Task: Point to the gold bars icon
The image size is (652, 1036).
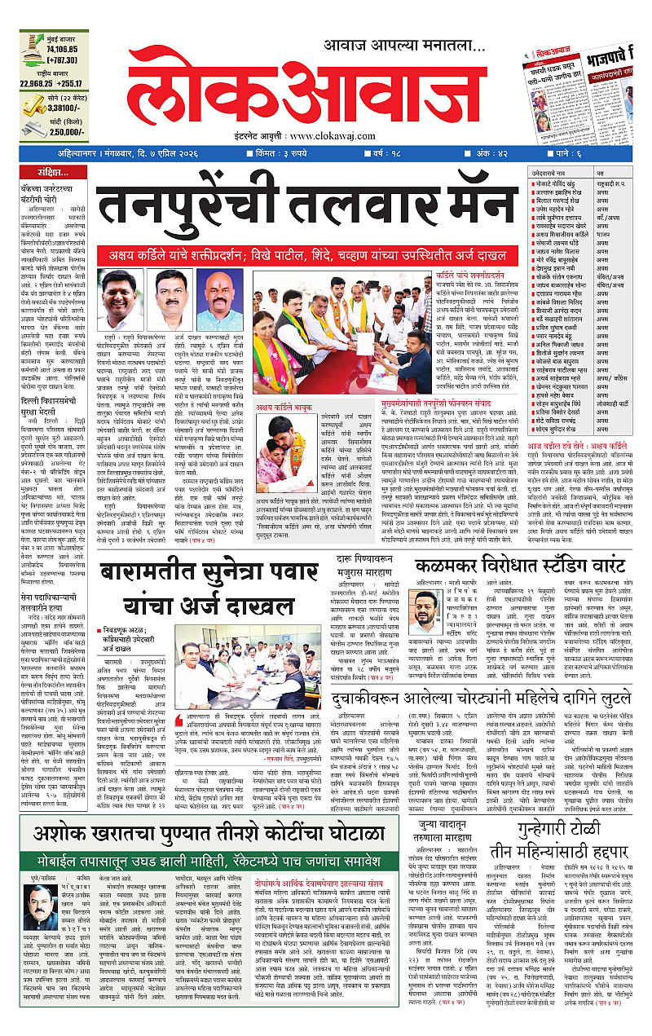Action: pos(33,104)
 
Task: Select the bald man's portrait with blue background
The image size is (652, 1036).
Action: pos(221,297)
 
